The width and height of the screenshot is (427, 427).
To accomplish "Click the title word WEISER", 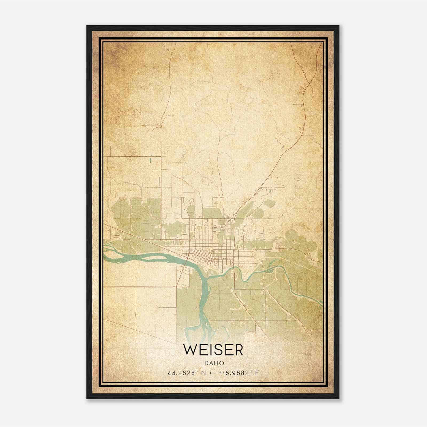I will point(213,350).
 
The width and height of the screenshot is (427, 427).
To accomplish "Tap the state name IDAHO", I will point(213,363).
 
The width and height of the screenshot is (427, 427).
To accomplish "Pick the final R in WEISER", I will point(238,350).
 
